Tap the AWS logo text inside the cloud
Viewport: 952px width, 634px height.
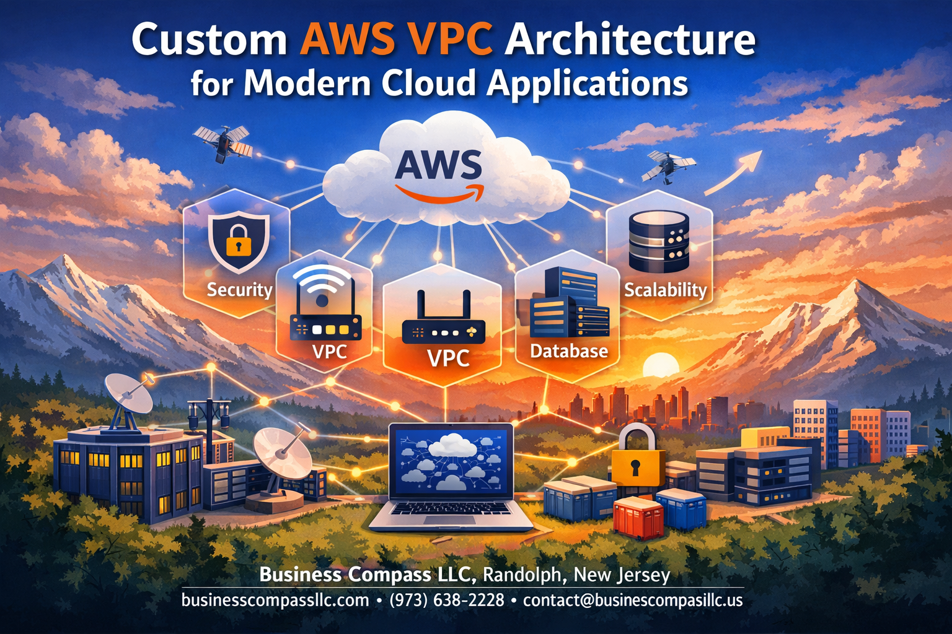click(438, 165)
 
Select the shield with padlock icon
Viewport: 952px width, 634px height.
click(239, 243)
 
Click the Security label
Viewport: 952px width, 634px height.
click(239, 290)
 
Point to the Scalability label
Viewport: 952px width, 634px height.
click(665, 290)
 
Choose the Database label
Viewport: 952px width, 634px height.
click(569, 351)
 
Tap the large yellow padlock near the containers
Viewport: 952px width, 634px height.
click(637, 455)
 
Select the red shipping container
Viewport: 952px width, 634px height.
click(638, 518)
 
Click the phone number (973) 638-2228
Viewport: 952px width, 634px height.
click(446, 600)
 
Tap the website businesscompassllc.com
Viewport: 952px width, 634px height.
click(275, 600)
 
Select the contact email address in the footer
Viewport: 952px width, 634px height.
click(632, 600)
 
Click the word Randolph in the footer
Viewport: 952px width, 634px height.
click(522, 575)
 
